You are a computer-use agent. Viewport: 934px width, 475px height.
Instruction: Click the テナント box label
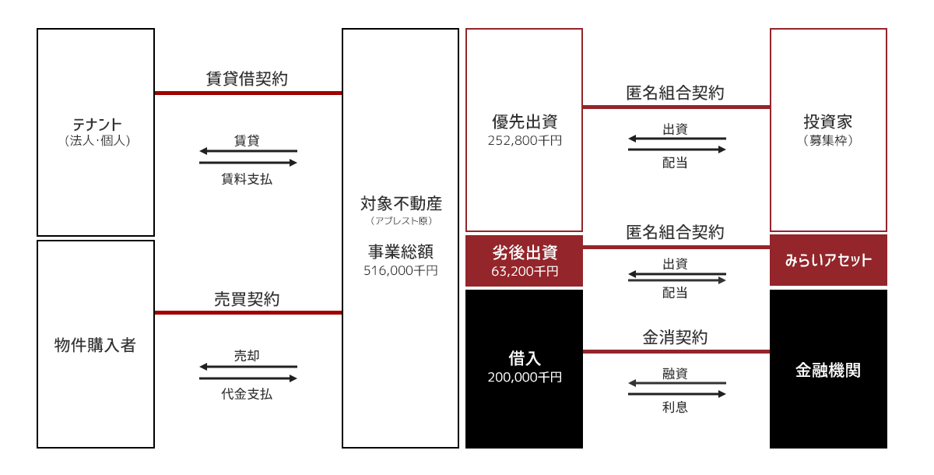97,124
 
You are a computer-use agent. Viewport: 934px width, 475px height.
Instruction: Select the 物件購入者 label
95,345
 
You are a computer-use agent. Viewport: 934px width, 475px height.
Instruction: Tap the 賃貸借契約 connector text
248,79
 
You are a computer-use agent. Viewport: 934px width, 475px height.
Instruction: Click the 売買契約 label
248,298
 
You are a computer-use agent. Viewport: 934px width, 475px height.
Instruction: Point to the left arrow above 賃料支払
248,150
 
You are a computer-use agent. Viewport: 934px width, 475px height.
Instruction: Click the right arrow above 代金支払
248,378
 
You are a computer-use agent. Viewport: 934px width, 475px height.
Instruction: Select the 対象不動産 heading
401,205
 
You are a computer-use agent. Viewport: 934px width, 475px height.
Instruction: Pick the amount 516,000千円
401,271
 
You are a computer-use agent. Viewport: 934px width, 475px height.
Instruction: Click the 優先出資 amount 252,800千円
525,142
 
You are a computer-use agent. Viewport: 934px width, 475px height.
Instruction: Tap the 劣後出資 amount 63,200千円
525,272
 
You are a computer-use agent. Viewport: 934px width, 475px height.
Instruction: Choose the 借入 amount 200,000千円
525,377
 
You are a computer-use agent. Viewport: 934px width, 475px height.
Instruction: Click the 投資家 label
828,122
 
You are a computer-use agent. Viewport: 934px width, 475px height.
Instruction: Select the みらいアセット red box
828,260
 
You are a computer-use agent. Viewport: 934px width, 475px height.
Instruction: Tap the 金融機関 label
828,369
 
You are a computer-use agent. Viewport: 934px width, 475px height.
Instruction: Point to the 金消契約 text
675,338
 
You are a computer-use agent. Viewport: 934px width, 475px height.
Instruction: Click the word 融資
675,373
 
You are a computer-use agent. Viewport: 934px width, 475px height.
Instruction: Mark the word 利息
675,406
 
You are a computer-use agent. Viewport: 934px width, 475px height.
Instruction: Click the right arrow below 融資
676,394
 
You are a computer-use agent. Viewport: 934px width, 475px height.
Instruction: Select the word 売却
247,355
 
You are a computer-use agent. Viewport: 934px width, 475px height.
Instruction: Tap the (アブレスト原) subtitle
401,221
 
